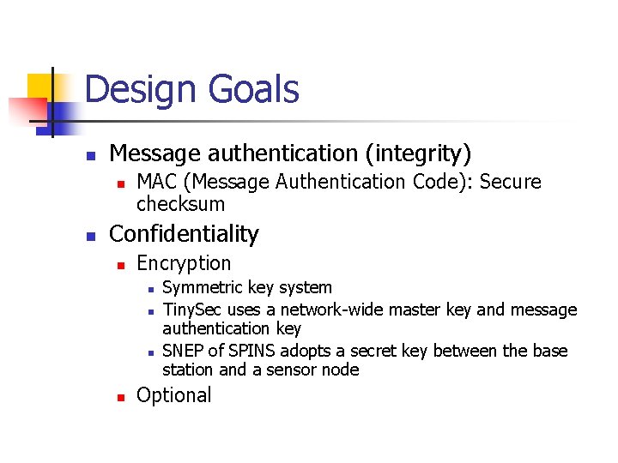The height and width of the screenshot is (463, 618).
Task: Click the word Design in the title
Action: pyautogui.click(x=140, y=90)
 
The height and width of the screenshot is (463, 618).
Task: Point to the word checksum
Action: pyautogui.click(x=180, y=205)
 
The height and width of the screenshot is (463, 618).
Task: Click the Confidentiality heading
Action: pyautogui.click(x=184, y=234)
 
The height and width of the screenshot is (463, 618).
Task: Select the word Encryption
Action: pyautogui.click(x=184, y=263)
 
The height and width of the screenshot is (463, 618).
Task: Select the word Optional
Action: pyautogui.click(x=173, y=395)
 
